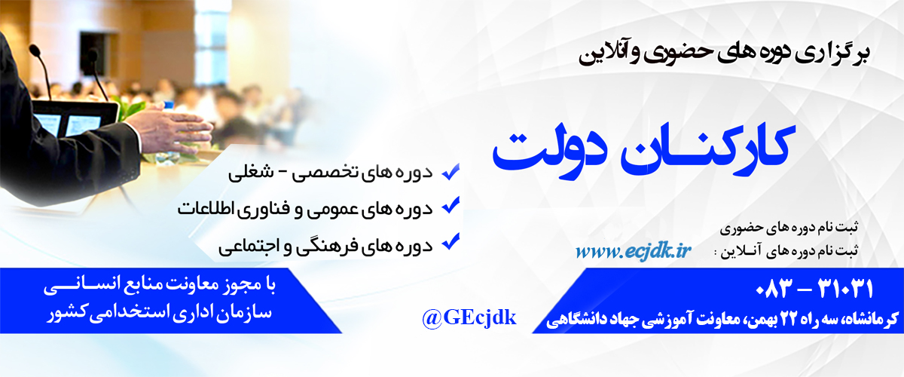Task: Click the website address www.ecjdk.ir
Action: tap(634, 251)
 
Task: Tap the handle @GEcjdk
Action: tap(469, 318)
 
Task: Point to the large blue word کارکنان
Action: tap(708, 149)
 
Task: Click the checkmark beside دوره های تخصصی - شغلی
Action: tap(450, 172)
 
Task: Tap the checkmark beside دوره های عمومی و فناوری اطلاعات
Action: tap(450, 205)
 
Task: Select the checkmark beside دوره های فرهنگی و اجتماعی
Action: tap(450, 241)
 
